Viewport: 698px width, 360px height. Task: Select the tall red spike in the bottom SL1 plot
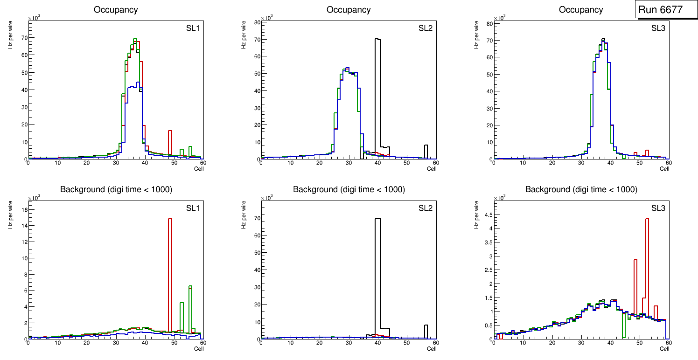tap(170, 275)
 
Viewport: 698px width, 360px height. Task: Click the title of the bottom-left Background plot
tap(115, 189)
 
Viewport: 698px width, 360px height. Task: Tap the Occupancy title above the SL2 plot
tap(349, 9)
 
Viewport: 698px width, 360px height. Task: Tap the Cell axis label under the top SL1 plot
tap(199, 169)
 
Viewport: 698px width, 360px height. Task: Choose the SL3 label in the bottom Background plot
tap(658, 208)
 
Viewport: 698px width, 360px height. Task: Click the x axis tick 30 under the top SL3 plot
tap(581, 163)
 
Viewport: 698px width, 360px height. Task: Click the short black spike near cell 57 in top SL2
tap(426, 151)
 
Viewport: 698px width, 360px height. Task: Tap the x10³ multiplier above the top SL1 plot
tap(34, 18)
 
